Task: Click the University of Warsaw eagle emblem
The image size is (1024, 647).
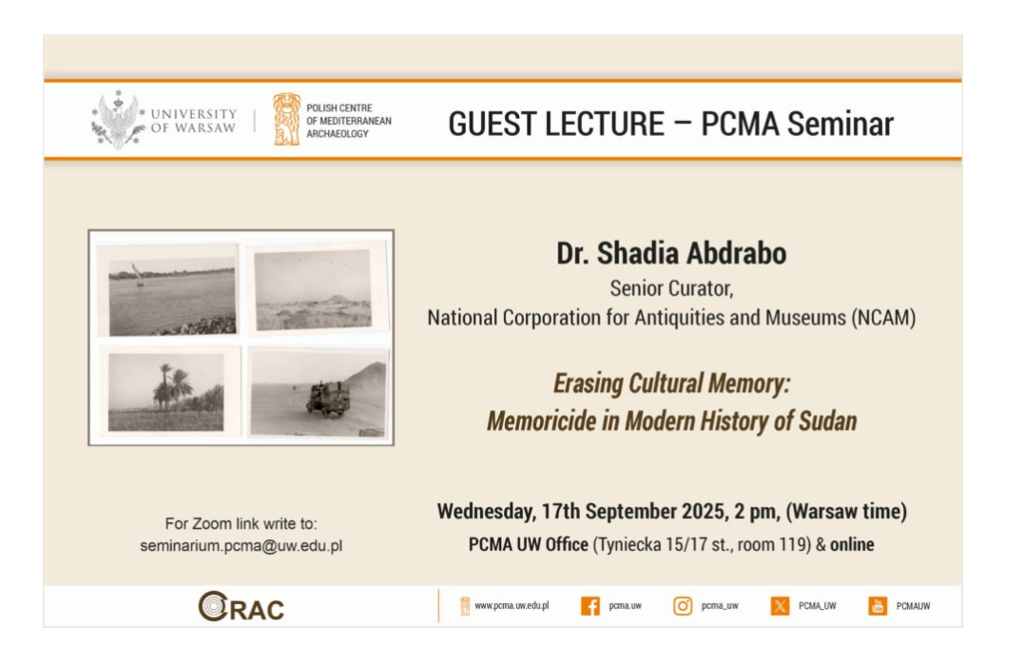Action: (118, 120)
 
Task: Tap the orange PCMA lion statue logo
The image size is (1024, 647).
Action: (287, 119)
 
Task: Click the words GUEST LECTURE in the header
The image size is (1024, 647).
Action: (556, 124)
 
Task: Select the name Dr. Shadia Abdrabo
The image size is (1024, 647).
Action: (671, 254)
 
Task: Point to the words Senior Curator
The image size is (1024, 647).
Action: (671, 288)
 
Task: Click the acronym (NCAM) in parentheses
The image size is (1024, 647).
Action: (883, 318)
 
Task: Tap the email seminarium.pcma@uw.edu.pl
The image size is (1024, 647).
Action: (241, 546)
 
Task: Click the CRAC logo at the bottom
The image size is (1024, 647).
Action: (241, 606)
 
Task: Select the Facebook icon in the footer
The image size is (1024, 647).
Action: (589, 606)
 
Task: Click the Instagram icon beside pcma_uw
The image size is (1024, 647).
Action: (683, 606)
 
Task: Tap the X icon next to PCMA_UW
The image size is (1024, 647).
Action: (780, 606)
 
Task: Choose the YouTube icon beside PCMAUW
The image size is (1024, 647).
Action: (878, 606)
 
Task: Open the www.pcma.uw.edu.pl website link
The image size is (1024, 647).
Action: (512, 606)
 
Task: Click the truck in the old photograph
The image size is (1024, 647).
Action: (328, 398)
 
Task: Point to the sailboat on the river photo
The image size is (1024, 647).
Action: (138, 274)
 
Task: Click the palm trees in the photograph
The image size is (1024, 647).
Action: (175, 388)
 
